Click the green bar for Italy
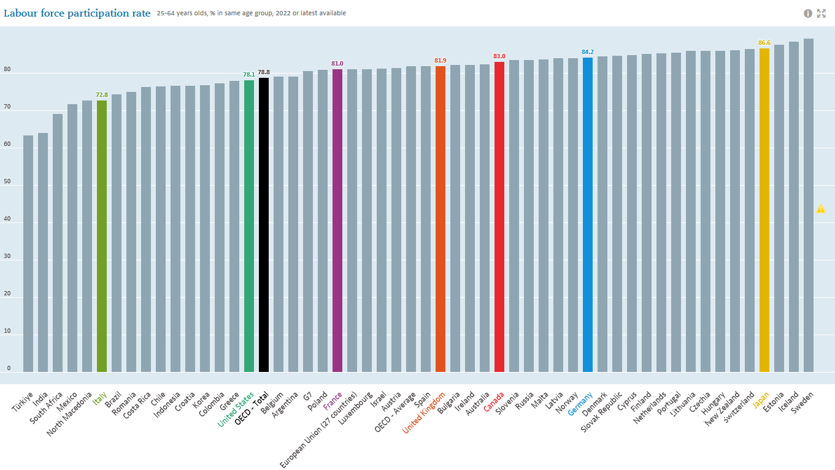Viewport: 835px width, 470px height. coord(102,236)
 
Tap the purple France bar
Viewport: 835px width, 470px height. coord(337,221)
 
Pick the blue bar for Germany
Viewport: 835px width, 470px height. coord(588,214)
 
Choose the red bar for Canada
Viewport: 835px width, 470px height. coord(499,217)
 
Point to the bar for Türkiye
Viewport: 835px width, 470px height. coord(28,254)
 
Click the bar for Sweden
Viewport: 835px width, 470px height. coord(809,205)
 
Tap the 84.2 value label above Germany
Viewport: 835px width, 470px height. coord(588,52)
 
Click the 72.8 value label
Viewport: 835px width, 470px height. coord(102,95)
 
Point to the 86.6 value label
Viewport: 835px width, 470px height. coord(764,43)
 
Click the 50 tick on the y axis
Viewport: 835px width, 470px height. coord(9,182)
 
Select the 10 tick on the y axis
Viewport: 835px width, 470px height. coord(9,332)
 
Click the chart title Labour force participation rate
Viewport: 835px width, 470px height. coord(77,13)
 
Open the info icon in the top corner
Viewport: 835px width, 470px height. coord(808,13)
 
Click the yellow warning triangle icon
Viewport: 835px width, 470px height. coord(821,209)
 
